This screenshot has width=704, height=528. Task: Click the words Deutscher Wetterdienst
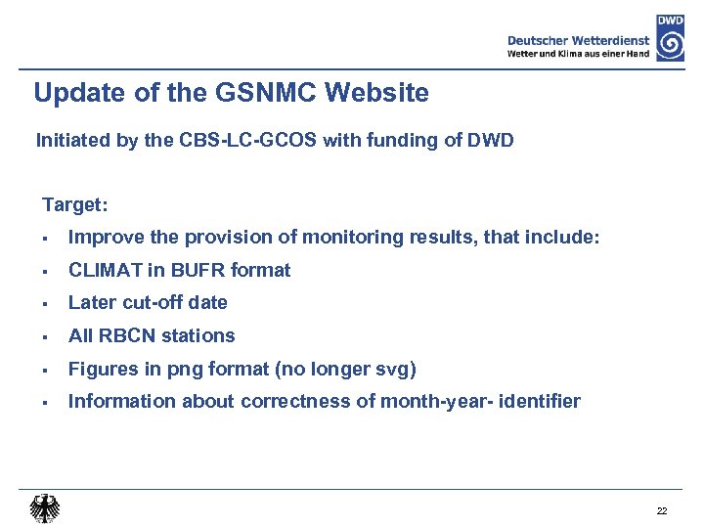pos(578,40)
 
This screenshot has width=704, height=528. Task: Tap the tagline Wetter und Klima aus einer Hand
pos(578,54)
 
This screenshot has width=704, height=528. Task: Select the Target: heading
pos(75,205)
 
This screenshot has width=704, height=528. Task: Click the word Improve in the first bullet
pos(103,237)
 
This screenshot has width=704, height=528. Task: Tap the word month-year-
pos(438,401)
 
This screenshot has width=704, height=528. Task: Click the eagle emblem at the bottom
pos(44,507)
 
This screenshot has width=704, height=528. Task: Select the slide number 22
pos(662,511)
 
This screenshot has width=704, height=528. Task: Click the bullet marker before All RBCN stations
pos(46,336)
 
